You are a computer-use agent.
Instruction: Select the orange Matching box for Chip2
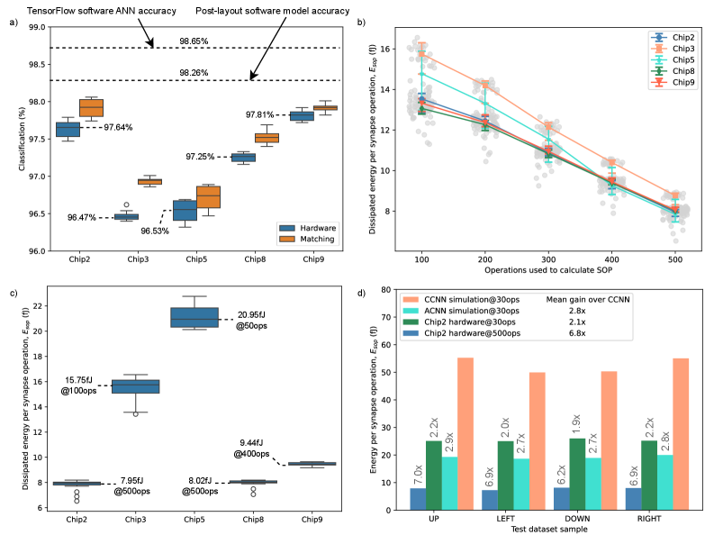pyautogui.click(x=91, y=107)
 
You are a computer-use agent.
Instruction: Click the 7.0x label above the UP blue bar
pyautogui.click(x=417, y=471)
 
